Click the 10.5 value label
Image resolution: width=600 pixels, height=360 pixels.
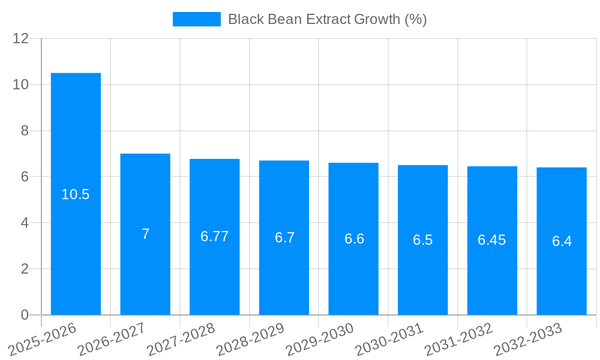coord(76,194)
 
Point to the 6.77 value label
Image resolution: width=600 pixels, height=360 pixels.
coord(214,236)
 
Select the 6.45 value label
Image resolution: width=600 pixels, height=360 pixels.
coord(491,240)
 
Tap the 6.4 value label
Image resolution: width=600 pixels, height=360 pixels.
coord(562,241)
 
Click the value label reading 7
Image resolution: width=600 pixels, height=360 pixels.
coord(145,234)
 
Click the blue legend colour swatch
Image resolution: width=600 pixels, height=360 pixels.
coord(196,19)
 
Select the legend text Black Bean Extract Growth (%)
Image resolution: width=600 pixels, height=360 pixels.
coord(327,19)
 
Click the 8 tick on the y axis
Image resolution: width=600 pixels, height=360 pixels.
coord(25,131)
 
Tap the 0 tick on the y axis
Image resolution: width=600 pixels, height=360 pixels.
coord(25,315)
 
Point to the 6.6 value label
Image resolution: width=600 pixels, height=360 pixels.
coord(354,239)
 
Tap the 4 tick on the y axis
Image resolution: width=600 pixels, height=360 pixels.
coord(25,223)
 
